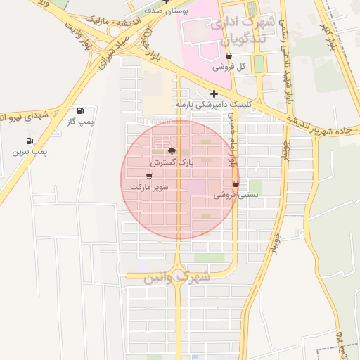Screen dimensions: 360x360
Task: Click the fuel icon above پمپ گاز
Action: [x=80, y=110]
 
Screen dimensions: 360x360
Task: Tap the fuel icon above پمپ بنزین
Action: [x=28, y=140]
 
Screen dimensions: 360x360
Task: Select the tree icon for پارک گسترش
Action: [x=171, y=151]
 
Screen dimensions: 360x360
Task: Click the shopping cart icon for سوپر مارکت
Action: [x=148, y=176]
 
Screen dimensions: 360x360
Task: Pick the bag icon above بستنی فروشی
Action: [x=236, y=184]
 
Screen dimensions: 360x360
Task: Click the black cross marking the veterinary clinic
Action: [x=214, y=94]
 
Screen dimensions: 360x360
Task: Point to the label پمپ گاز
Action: [x=80, y=122]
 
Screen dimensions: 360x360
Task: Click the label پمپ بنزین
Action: [x=30, y=151]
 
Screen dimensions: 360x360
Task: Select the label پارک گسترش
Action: [x=171, y=162]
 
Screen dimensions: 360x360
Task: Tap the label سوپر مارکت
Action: [x=148, y=188]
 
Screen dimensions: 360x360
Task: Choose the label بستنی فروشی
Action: [x=236, y=195]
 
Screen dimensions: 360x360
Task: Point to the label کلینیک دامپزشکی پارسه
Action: [x=213, y=105]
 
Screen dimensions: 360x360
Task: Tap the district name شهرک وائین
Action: [x=177, y=276]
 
